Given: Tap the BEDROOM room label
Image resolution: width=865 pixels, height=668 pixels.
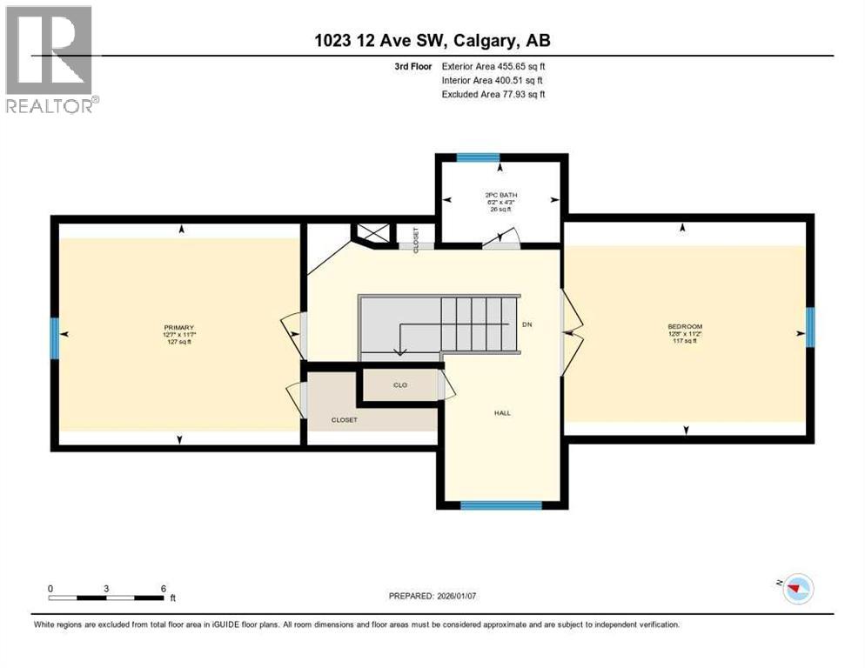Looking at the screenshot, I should tap(686, 327).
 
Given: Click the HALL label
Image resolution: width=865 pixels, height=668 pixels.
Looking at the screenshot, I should tap(501, 413).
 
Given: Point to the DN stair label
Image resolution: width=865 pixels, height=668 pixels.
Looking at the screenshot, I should tap(526, 324).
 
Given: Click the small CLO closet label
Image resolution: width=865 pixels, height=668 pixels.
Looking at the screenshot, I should tap(399, 384).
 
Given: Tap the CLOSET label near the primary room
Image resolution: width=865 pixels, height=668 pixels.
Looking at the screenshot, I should tap(344, 420).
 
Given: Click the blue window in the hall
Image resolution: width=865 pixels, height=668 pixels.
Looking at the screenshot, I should tap(501, 504).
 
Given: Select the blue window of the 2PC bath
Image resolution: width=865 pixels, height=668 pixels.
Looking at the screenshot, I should tap(478, 158).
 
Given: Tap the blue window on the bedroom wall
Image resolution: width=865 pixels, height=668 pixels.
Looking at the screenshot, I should tap(809, 327).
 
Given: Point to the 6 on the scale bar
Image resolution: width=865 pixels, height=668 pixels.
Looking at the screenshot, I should tap(164, 588).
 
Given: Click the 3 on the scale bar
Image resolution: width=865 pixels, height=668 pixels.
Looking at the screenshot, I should tap(106, 588).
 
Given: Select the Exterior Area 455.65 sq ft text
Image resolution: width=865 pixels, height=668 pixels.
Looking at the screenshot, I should tap(493, 66).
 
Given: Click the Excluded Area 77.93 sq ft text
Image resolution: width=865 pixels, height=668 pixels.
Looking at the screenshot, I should tap(493, 94).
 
